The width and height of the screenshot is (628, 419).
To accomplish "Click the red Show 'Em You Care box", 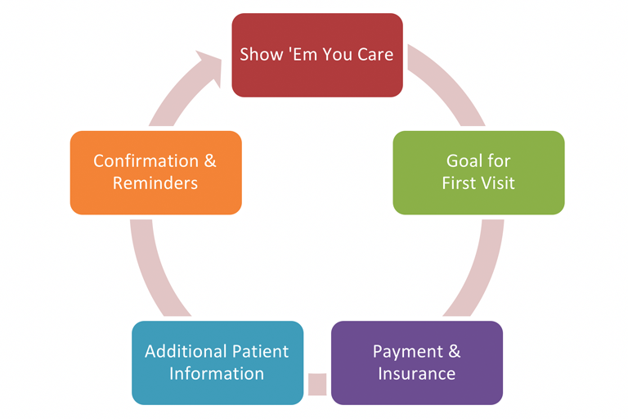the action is coord(317,55).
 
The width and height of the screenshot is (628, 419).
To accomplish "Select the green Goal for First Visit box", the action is coord(478,173).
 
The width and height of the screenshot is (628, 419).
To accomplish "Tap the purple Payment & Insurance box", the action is coord(417,363).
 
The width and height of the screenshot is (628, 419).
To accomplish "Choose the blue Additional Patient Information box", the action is coord(218,363).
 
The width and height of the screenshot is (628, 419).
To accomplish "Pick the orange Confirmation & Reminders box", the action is coord(156,173).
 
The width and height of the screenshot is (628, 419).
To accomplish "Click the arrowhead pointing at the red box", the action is coord(210,66).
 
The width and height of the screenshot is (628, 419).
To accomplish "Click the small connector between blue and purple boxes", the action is coord(317,384).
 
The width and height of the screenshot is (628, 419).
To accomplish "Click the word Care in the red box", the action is coord(375,55).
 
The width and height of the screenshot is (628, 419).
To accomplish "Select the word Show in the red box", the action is coord(262,55).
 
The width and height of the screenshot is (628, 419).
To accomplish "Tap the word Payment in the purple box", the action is coord(408,353).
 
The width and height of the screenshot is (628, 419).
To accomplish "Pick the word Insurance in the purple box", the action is coord(417,374).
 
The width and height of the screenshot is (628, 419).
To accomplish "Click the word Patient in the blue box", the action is coord(260,352).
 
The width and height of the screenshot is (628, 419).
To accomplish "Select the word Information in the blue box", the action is coord(217,374).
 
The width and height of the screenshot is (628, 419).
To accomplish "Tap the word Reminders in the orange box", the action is coord(155,183).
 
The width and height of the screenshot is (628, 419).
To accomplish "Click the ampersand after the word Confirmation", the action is coord(210,161).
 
